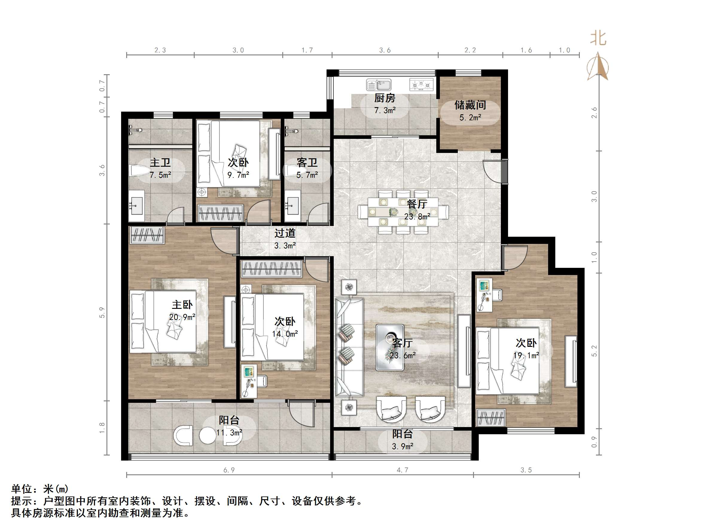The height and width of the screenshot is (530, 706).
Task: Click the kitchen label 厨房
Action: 385,98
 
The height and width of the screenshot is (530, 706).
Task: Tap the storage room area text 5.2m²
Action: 470,118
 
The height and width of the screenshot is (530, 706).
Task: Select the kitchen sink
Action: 379,85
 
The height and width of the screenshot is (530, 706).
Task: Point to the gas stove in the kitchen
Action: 421,85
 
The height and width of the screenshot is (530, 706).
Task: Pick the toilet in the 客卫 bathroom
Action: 291,171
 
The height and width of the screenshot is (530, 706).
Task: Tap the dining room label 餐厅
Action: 417,204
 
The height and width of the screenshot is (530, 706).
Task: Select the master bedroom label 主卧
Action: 182,305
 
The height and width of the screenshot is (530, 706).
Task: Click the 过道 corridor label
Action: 285,233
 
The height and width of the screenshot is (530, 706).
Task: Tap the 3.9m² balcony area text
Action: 402,447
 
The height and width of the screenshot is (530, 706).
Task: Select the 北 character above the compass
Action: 598,39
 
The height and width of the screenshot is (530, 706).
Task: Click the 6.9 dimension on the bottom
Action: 229,470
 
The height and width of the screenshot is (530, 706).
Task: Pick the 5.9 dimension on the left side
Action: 102,312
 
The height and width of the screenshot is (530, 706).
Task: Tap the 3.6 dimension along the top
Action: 385,50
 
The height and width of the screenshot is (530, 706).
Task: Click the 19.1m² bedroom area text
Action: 526,356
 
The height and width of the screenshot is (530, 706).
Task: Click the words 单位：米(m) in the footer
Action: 40,489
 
